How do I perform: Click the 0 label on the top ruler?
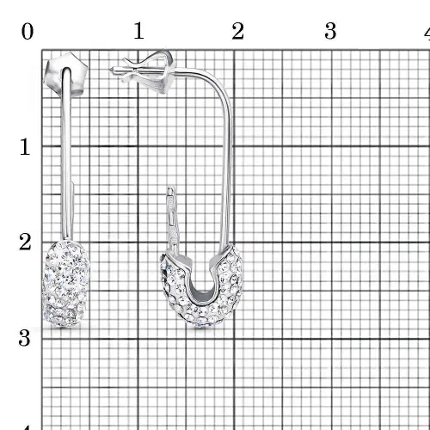click(x=28, y=31)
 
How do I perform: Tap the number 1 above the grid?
click(x=139, y=30)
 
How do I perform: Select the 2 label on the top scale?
click(x=238, y=31)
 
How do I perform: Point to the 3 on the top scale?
click(x=330, y=31)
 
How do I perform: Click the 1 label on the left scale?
click(x=25, y=147)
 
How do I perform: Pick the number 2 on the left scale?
click(x=25, y=242)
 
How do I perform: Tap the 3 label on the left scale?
click(x=25, y=338)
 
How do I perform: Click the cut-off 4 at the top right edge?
click(x=427, y=32)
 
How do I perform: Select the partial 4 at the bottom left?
click(x=27, y=427)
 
